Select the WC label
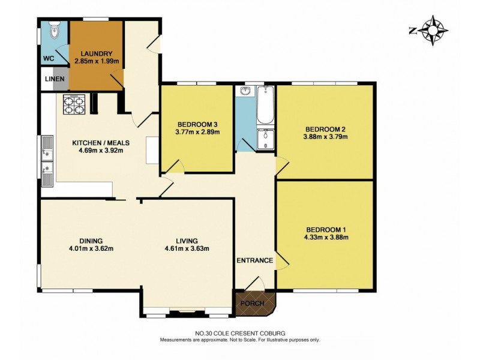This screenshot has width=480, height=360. pos(48,59)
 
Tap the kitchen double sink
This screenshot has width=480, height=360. pos(46,161)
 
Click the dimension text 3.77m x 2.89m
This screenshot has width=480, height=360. pos(197,132)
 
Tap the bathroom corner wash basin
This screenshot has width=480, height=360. pos(245,92)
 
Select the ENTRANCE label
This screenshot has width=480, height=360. pos(254,260)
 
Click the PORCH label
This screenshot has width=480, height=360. pos(252,303)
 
